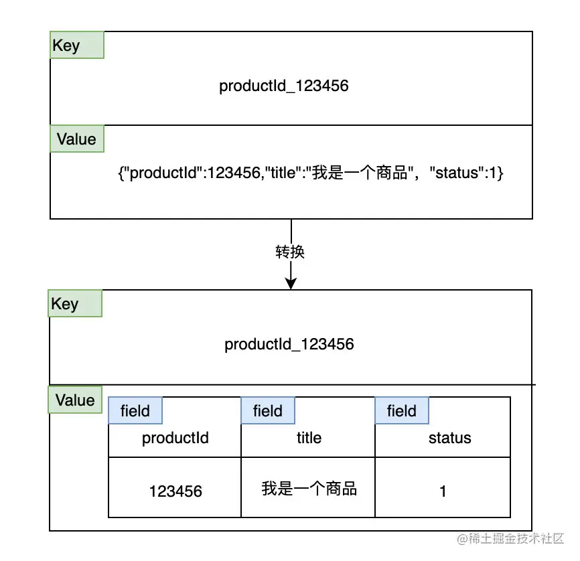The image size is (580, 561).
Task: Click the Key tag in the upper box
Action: (x=76, y=46)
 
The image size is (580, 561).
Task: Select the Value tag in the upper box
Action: (x=76, y=139)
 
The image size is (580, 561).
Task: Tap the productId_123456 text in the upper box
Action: (x=284, y=86)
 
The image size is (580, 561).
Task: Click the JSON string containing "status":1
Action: (x=310, y=173)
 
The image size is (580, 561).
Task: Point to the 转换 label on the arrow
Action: (x=291, y=252)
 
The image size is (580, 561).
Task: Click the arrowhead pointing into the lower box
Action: (x=291, y=284)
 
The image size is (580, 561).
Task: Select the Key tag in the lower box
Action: (x=75, y=304)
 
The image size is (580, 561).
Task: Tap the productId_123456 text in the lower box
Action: (x=289, y=344)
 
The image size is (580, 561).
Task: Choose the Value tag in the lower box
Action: (x=75, y=400)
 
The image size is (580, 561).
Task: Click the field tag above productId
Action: (x=135, y=410)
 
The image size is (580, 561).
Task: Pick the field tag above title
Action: (x=268, y=410)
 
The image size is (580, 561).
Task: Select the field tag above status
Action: (x=402, y=410)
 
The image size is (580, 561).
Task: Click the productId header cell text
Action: (x=175, y=438)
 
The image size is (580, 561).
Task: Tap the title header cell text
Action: (x=309, y=438)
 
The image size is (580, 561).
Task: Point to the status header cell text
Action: (x=449, y=438)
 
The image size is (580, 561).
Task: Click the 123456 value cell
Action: (x=175, y=491)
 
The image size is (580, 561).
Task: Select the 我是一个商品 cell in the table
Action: (x=309, y=489)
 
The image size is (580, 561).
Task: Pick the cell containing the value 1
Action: (x=443, y=491)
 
